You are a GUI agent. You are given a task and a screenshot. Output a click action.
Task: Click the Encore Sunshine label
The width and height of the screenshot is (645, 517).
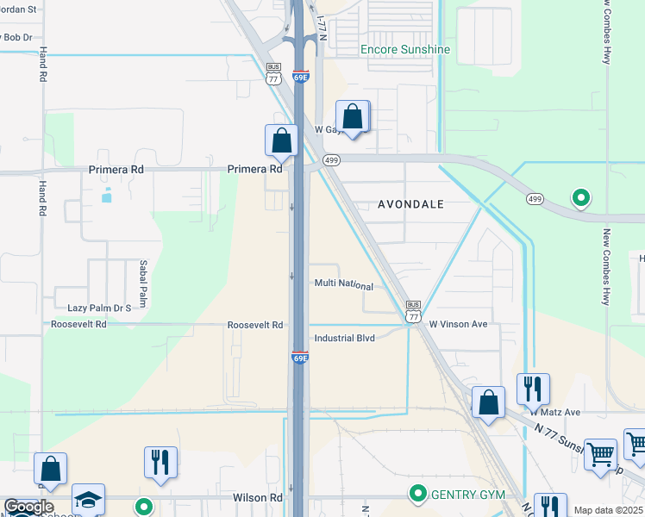(404, 49)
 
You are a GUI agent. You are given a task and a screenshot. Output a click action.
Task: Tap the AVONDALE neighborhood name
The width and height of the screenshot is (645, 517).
(411, 204)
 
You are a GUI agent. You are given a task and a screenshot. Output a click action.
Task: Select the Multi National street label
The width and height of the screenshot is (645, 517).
(343, 285)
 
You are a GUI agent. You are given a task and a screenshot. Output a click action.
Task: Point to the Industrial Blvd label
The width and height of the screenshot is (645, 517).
(344, 338)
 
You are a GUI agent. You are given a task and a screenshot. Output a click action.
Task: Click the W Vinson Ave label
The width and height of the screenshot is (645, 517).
(459, 324)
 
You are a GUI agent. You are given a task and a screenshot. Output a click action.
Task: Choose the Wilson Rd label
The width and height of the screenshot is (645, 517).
(257, 498)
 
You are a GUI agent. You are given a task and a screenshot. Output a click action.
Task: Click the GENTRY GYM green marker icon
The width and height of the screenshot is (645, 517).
(418, 494)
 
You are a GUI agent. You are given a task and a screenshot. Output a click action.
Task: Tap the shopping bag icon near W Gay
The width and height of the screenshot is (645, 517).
(353, 117)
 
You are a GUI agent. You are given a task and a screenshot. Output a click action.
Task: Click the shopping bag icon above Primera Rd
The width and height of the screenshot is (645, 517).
(281, 140)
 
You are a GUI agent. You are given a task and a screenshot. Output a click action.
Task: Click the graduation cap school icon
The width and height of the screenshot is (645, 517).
(88, 500)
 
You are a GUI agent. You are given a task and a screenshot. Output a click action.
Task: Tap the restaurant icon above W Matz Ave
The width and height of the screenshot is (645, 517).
(534, 389)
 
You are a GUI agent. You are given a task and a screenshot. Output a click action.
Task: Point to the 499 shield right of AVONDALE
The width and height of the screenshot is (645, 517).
(535, 199)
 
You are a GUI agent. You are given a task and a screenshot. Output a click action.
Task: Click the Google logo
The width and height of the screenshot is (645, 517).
(28, 507)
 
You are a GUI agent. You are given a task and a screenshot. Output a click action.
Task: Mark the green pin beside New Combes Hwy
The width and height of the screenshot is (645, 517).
(581, 198)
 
